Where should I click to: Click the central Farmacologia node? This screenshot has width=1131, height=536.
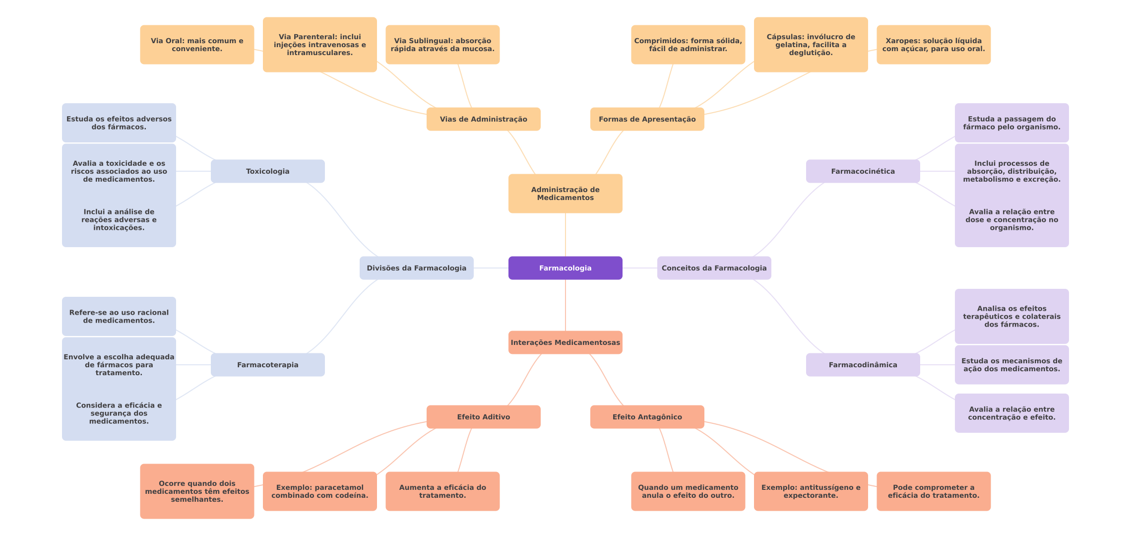(x=565, y=268)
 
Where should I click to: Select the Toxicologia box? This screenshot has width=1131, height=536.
(x=268, y=171)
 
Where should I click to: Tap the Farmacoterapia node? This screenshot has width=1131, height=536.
(x=268, y=365)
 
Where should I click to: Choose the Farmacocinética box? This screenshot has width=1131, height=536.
(x=863, y=171)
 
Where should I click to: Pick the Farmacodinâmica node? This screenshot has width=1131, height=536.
(x=863, y=365)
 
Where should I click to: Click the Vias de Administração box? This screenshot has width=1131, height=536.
(x=484, y=119)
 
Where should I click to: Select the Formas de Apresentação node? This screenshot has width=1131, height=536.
(x=647, y=119)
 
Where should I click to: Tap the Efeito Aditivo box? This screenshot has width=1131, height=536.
(x=484, y=417)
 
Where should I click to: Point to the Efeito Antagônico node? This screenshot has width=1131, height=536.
(x=647, y=417)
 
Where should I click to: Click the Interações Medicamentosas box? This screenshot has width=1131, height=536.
(x=565, y=342)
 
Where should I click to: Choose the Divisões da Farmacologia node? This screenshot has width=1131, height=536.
(x=417, y=268)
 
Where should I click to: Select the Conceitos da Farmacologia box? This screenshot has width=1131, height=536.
(x=714, y=268)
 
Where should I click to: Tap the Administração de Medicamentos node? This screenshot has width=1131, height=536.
(x=565, y=194)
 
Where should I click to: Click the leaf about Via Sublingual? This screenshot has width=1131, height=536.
(x=442, y=45)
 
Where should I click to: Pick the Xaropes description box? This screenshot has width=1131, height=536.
(x=934, y=45)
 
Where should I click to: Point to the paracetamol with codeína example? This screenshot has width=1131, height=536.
(x=320, y=491)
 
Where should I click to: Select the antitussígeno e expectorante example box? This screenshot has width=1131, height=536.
(x=811, y=491)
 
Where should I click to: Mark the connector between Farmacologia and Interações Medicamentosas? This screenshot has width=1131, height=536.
(x=565, y=305)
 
